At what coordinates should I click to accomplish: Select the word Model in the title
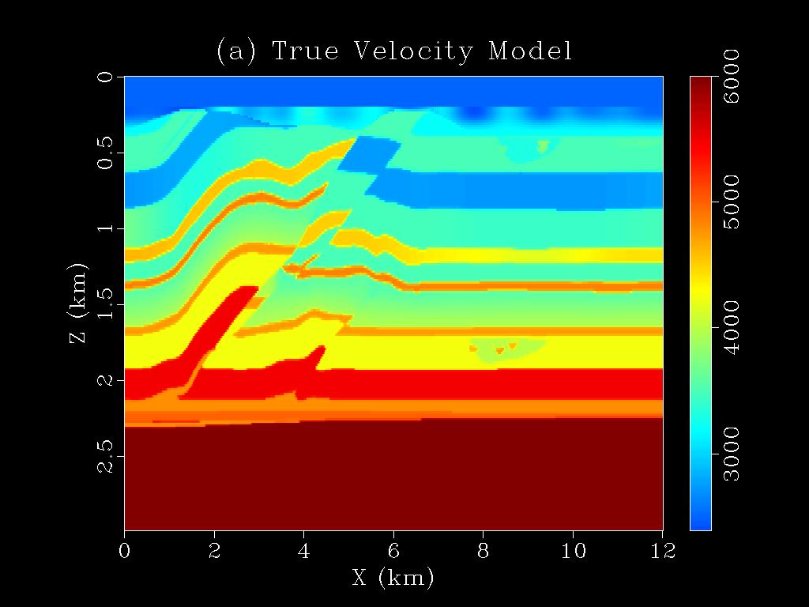coord(530,51)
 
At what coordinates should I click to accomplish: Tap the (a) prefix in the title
coord(235,51)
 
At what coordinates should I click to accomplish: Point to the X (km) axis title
coord(393,578)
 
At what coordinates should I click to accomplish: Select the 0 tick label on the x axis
coord(124,550)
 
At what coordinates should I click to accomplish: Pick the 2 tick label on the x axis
coord(214,550)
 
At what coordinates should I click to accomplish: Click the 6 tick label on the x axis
coord(393,550)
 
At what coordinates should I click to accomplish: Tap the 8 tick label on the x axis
coord(484,550)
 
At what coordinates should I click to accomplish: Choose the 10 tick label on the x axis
coord(573,550)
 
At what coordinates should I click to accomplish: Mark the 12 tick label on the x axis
coord(662,550)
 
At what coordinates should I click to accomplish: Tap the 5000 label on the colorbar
coord(731,202)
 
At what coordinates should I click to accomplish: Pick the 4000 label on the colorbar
coord(731,326)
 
